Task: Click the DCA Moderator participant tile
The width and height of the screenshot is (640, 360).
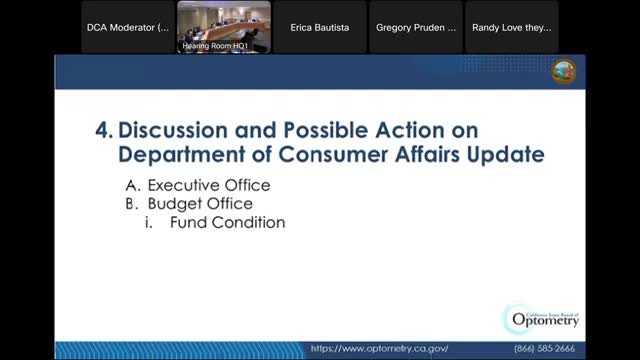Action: (x=127, y=27)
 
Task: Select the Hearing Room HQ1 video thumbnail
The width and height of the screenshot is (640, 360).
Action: (x=223, y=27)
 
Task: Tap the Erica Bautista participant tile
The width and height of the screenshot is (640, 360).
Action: (x=319, y=27)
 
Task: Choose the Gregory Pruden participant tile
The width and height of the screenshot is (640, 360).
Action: (x=415, y=27)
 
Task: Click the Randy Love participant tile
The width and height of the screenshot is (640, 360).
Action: (x=511, y=27)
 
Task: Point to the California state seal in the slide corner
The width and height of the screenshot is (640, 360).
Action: (x=564, y=71)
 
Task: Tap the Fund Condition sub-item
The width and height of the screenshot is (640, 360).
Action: (x=227, y=222)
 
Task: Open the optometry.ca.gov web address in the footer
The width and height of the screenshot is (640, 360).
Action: (x=379, y=349)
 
